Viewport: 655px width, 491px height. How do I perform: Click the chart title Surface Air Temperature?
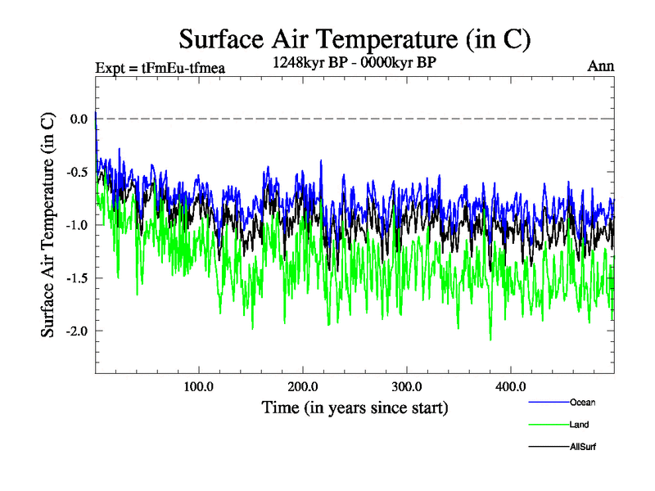tap(355, 38)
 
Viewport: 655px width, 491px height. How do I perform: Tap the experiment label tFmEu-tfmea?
tap(159, 67)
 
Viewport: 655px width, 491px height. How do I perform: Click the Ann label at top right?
tap(600, 65)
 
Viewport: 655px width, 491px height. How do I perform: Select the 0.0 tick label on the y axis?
tap(79, 119)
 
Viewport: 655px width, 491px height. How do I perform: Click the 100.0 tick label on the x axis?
tap(198, 386)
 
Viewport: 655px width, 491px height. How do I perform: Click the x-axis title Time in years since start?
tap(355, 407)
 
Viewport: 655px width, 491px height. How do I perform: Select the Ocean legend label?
tap(582, 402)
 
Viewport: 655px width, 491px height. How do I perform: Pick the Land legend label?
tap(579, 425)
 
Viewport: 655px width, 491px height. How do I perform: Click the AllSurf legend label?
tap(583, 448)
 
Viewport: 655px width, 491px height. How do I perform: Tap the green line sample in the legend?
tap(548, 425)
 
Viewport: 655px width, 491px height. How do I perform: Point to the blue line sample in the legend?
tap(548, 402)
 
